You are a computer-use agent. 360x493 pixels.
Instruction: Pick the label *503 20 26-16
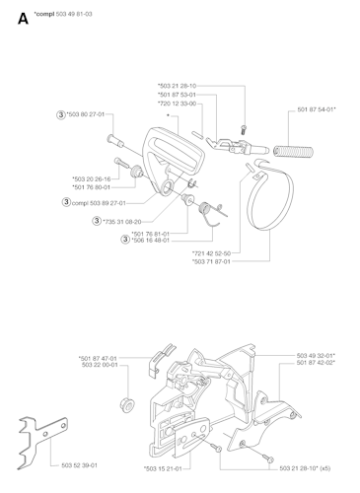tap(91, 179)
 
